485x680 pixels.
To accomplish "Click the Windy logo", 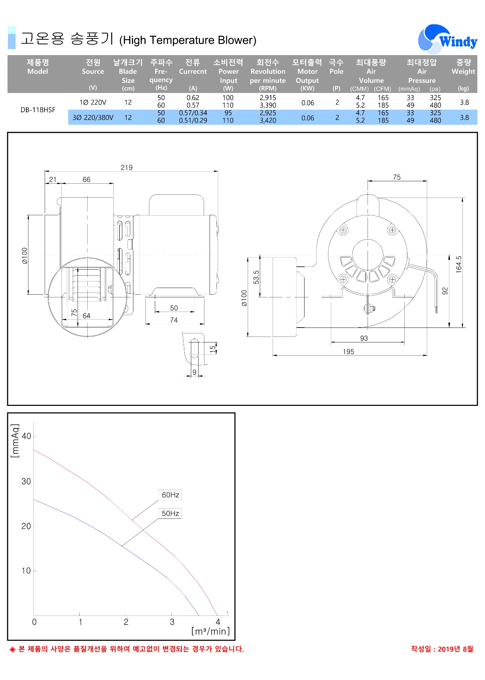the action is coord(447,39).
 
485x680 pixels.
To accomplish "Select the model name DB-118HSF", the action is coord(38,110).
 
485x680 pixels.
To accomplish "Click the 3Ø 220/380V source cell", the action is coord(93,117).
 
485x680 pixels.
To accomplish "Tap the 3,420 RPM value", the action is coord(268,121).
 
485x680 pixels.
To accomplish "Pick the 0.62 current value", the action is coord(193,98).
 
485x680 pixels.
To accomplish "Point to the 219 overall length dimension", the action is coord(127,167).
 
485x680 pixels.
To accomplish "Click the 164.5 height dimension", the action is coord(459,264).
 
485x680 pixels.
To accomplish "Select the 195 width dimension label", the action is coord(349,351).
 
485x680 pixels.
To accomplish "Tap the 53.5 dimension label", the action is coord(256,277).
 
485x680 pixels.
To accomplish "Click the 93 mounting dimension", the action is coord(364,338).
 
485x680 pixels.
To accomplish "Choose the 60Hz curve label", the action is coord(170,495).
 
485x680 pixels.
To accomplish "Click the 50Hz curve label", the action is coord(170,513).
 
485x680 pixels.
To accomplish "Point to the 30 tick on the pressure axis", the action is coord(26,481).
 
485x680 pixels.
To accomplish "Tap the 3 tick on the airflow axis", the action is coord(172,622).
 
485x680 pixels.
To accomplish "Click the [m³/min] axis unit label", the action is coord(211,631).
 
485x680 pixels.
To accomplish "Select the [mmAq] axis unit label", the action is coord(15,441).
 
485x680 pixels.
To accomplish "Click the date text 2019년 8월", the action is coord(456,649).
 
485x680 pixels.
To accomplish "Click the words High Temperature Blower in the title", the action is coord(187,40).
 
